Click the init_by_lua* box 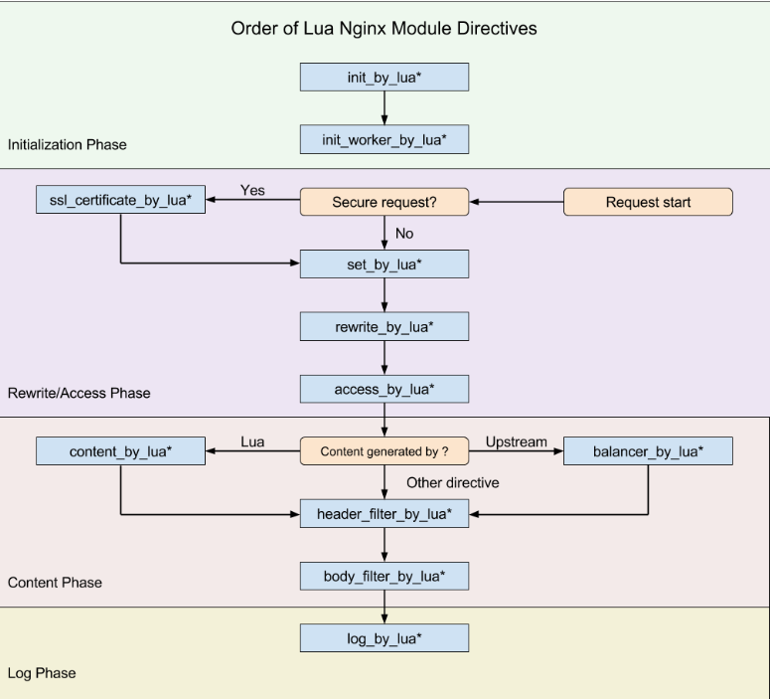pyautogui.click(x=385, y=78)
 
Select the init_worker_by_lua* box pyautogui.click(x=385, y=139)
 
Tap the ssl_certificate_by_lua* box pyautogui.click(x=121, y=200)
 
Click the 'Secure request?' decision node pyautogui.click(x=385, y=202)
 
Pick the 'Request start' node pyautogui.click(x=648, y=202)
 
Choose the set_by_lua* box pyautogui.click(x=385, y=264)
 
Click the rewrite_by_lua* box pyautogui.click(x=385, y=326)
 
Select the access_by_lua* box pyautogui.click(x=385, y=390)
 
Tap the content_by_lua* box pyautogui.click(x=121, y=451)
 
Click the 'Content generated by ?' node pyautogui.click(x=385, y=451)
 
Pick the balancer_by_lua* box pyautogui.click(x=648, y=451)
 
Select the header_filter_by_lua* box pyautogui.click(x=385, y=514)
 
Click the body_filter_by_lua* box pyautogui.click(x=385, y=576)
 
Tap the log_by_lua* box pyautogui.click(x=385, y=638)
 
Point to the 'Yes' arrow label pyautogui.click(x=252, y=190)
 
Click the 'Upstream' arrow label pyautogui.click(x=516, y=441)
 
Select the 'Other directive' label pyautogui.click(x=453, y=482)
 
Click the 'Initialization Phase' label pyautogui.click(x=68, y=144)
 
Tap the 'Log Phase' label pyautogui.click(x=42, y=673)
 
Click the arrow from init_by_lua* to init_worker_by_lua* pyautogui.click(x=385, y=108)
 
